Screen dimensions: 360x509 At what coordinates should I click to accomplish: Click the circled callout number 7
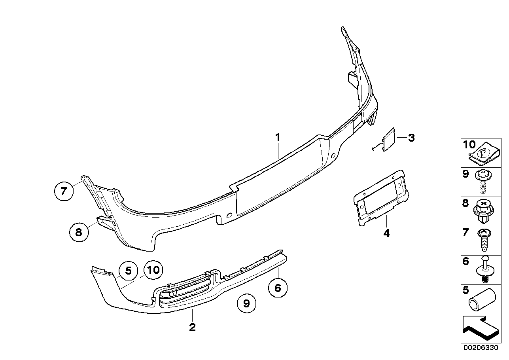click(x=64, y=191)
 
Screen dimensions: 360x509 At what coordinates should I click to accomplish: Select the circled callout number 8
click(x=78, y=231)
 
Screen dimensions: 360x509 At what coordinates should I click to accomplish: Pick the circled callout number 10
click(x=153, y=270)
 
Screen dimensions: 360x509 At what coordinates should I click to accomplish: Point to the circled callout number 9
click(x=246, y=303)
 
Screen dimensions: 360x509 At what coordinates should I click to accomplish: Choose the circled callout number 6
click(x=278, y=288)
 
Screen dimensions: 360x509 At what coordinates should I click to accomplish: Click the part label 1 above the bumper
click(x=278, y=138)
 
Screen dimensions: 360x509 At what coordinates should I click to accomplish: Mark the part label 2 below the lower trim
click(x=192, y=327)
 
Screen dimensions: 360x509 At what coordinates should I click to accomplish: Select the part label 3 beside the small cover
click(x=411, y=138)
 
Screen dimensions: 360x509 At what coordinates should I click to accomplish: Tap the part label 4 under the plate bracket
click(x=386, y=233)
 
